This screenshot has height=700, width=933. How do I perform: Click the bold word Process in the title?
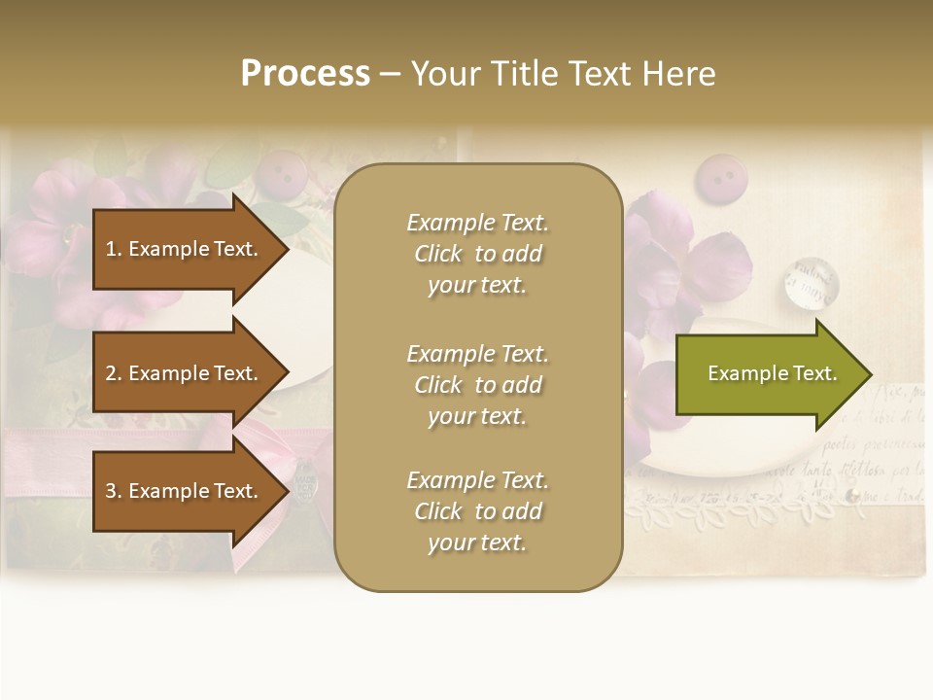[305, 74]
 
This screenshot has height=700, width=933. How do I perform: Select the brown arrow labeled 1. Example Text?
[185, 249]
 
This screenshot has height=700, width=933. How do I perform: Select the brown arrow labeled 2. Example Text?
[185, 373]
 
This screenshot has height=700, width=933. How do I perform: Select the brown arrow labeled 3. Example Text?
[185, 491]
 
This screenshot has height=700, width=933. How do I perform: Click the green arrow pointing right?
[768, 374]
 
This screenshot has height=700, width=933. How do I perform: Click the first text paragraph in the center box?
[477, 254]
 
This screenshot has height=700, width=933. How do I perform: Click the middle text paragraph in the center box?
[477, 385]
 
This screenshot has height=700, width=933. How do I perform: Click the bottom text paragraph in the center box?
[477, 511]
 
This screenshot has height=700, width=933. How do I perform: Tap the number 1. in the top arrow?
[114, 249]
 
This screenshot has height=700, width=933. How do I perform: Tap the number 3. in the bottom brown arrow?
[114, 491]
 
